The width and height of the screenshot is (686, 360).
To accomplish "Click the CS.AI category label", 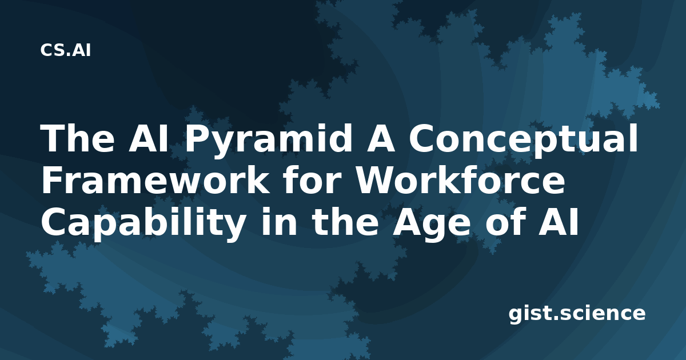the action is point(65,50).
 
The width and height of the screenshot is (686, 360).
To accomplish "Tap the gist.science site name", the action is point(577,314).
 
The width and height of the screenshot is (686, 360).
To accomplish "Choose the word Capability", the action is point(143,225).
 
